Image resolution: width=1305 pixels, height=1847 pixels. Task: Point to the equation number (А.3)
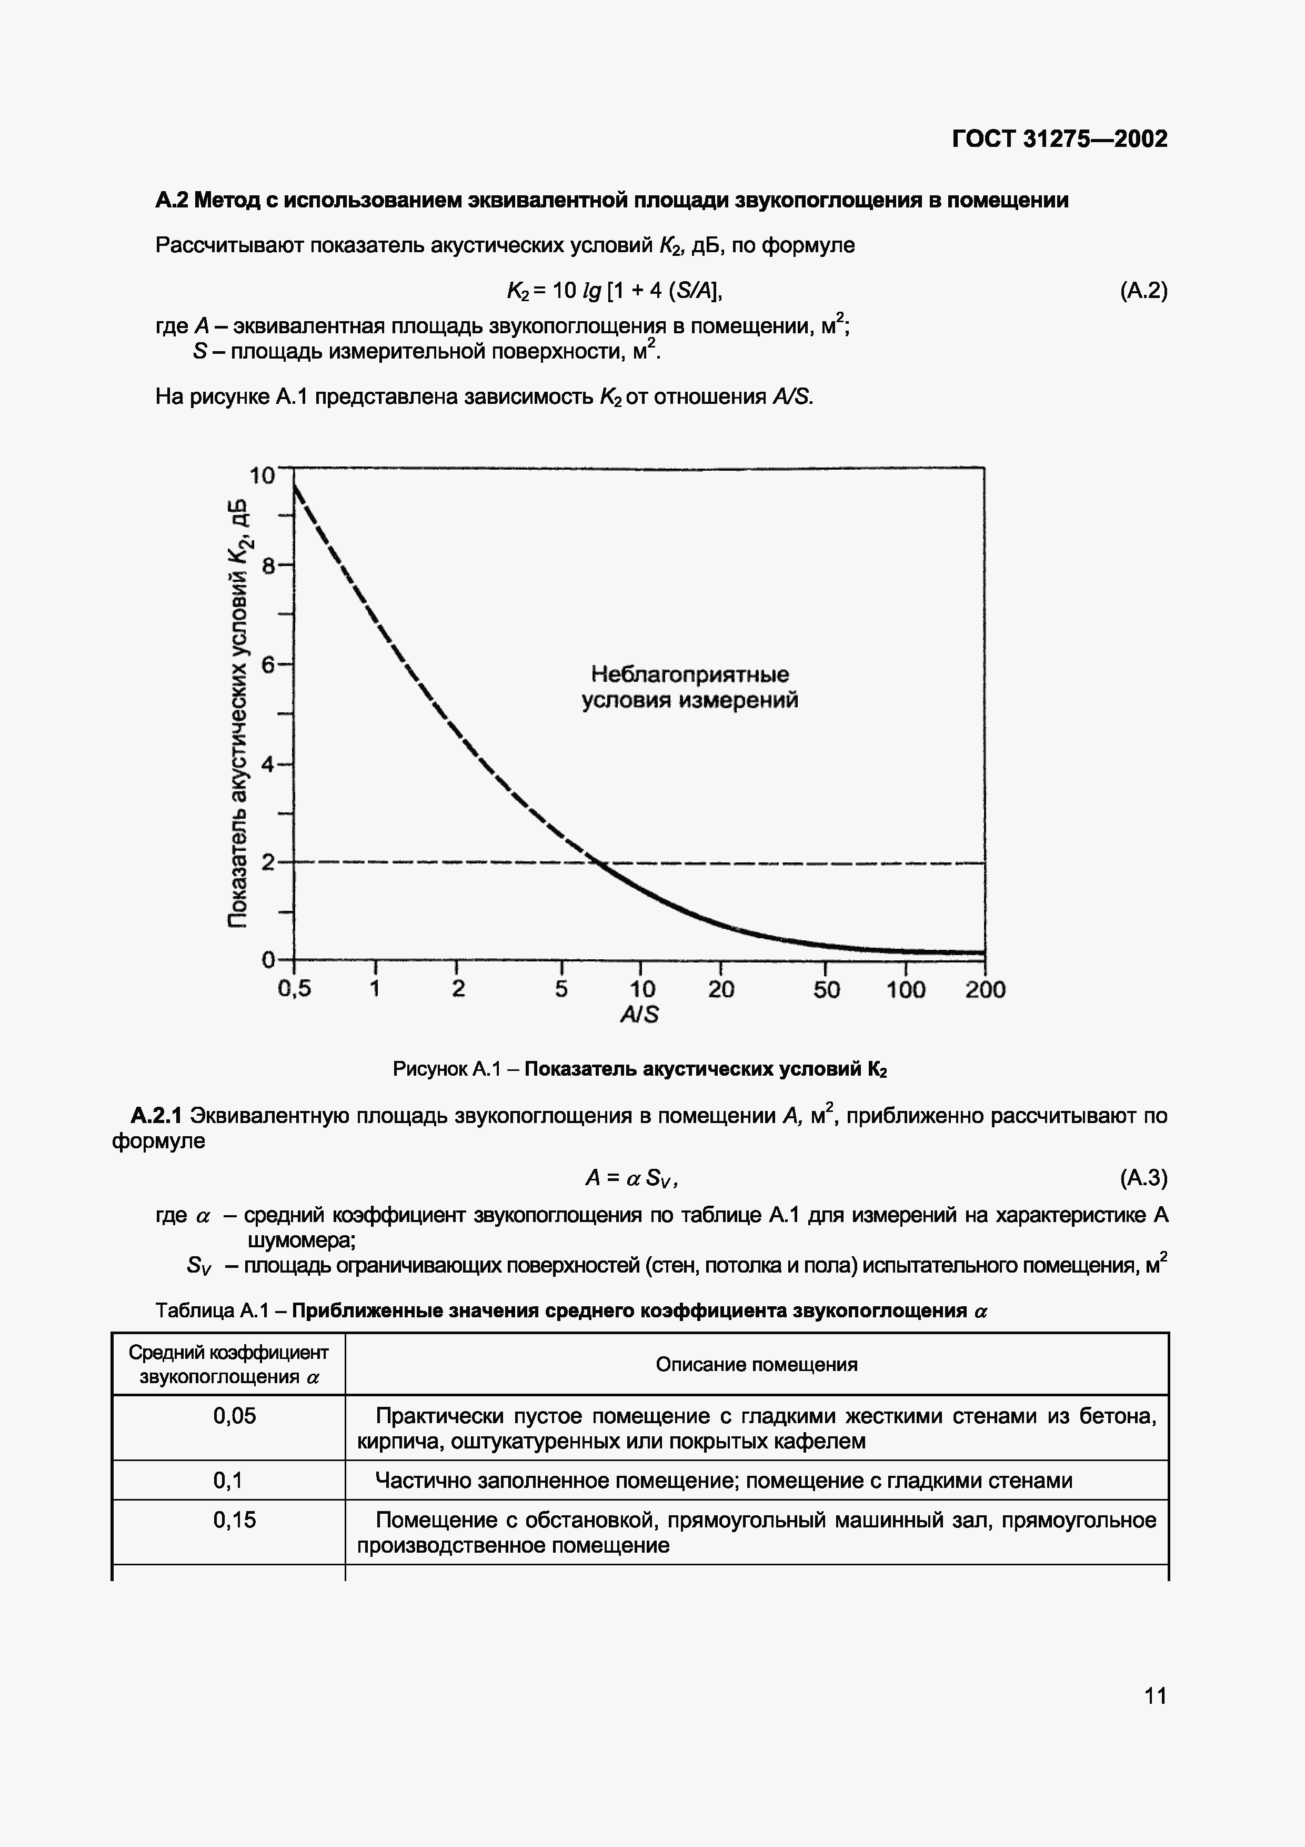1142,1178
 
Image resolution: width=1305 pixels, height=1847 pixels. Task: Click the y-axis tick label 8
268,567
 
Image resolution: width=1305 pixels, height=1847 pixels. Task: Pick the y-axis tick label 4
268,763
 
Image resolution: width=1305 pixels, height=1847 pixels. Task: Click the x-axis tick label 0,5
294,989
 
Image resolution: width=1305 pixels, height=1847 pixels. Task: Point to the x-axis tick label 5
561,989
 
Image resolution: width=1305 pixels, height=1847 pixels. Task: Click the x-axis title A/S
639,1015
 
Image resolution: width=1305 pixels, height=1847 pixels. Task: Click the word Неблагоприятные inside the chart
690,674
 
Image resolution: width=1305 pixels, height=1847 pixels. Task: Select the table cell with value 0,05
234,1416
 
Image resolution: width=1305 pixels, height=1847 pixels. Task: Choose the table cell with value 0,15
234,1520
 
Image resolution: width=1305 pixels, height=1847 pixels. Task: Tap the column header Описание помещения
756,1364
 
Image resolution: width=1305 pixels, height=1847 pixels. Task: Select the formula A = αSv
631,1178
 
